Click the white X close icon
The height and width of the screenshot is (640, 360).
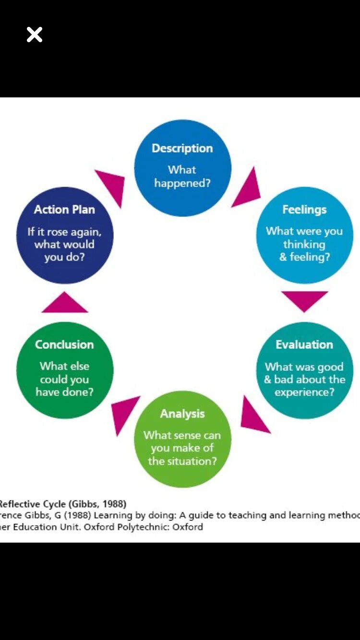tap(35, 35)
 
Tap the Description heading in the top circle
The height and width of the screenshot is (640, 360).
tap(182, 148)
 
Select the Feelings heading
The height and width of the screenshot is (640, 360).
tap(304, 210)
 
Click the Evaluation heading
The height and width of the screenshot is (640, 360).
tap(304, 344)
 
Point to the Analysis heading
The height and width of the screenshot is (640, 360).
tap(182, 414)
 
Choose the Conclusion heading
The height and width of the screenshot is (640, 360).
tap(64, 344)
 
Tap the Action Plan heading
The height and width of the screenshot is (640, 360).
tap(64, 210)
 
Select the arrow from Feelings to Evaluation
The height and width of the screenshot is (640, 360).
tap(304, 299)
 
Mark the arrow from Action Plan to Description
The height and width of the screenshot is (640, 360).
tap(112, 185)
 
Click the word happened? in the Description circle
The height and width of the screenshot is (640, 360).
tap(182, 183)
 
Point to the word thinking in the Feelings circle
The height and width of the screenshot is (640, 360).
tap(304, 244)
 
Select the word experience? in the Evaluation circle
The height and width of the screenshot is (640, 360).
tap(304, 392)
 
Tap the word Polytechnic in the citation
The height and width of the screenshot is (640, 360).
tap(138, 527)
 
